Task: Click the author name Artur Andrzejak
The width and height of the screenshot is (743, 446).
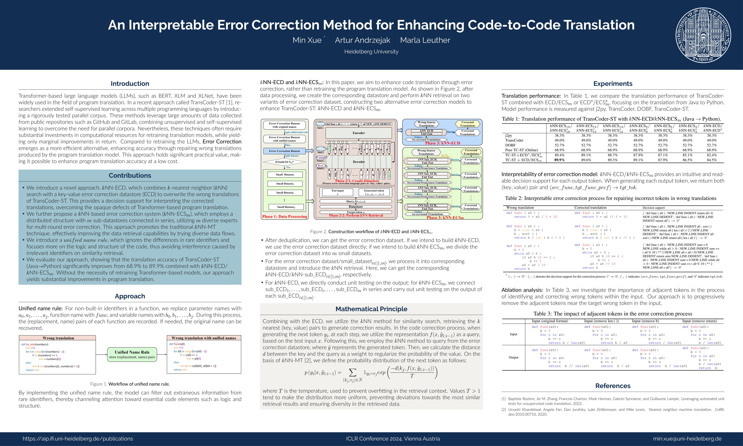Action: [x=362, y=40]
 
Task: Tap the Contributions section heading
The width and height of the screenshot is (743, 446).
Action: [x=130, y=175]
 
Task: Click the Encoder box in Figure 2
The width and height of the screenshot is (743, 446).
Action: [x=359, y=133]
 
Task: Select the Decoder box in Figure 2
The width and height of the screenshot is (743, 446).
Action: [x=359, y=162]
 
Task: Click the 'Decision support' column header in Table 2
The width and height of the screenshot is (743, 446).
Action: [x=654, y=208]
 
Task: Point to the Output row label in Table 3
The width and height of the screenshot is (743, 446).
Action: [x=513, y=357]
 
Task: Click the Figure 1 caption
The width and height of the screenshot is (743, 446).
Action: [x=130, y=384]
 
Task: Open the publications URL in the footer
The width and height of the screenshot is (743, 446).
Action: [x=78, y=439]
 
